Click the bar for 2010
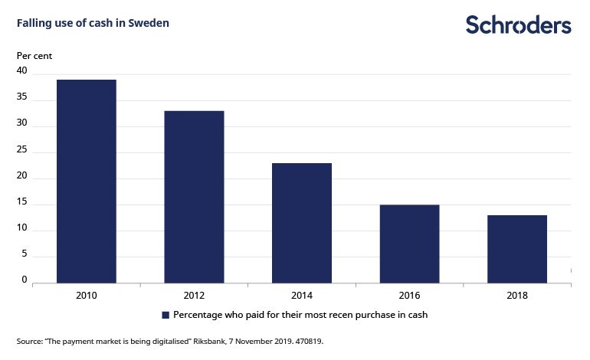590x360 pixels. [86, 181]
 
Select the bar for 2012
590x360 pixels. [194, 197]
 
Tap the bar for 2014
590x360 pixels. [302, 223]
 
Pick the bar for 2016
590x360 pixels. [409, 244]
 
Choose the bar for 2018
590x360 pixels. [517, 249]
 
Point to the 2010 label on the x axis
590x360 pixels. [86, 295]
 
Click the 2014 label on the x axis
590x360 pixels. [302, 295]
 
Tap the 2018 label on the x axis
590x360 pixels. [517, 295]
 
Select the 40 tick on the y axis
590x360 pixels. [22, 71]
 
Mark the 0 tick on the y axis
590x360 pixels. [25, 280]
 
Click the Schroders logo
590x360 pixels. [519, 25]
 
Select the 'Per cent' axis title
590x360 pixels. [34, 55]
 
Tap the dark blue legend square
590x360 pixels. [165, 315]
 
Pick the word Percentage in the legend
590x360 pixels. [199, 315]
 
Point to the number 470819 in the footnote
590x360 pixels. [304, 341]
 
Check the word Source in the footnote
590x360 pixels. [28, 341]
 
